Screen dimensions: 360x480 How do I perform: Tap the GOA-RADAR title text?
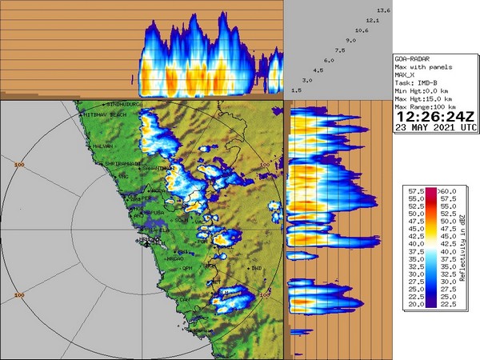417,59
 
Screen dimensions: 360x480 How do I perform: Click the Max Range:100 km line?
426,106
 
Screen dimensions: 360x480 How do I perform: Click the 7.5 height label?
340,50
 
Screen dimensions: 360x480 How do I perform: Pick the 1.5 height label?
296,90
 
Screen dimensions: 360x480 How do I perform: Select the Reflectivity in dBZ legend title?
464,248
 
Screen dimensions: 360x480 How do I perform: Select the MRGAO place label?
174,258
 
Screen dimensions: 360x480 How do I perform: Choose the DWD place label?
256,267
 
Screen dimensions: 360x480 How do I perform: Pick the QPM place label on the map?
187,268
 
